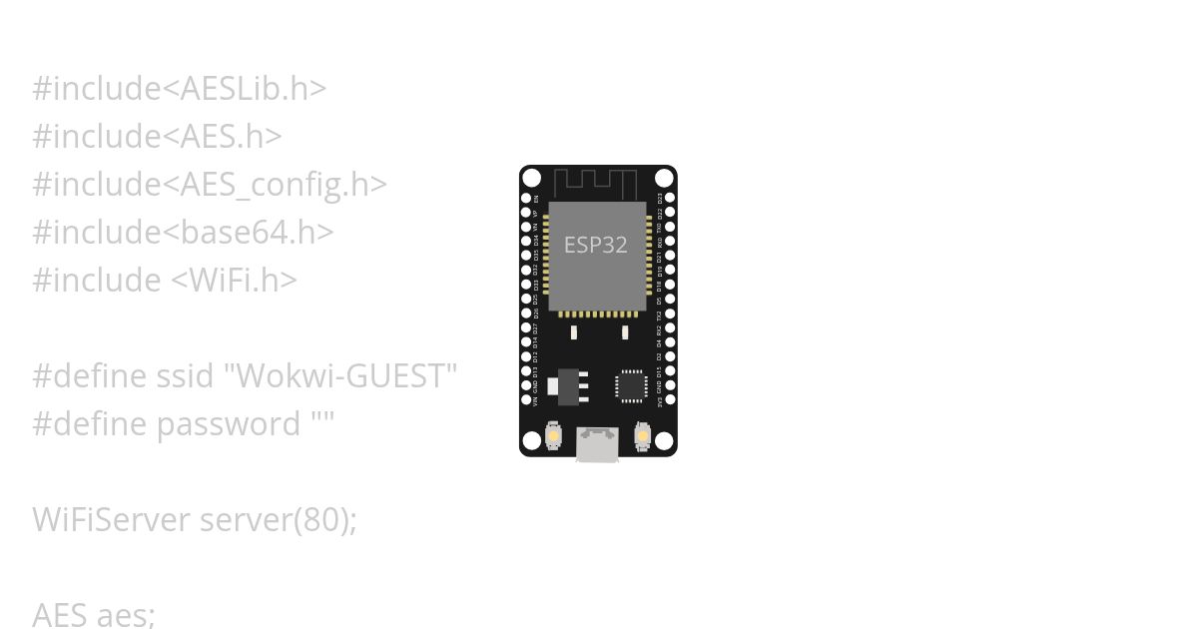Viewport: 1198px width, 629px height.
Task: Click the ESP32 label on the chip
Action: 596,245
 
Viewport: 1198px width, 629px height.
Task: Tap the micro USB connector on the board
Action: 597,444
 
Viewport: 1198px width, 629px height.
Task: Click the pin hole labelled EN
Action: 526,200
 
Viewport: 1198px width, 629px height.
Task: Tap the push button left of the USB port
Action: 553,437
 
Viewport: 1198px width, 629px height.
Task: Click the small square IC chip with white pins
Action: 631,385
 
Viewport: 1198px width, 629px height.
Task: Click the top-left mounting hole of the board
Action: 532,179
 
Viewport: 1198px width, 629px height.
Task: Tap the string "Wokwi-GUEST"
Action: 340,375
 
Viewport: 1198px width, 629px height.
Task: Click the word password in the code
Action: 229,423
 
